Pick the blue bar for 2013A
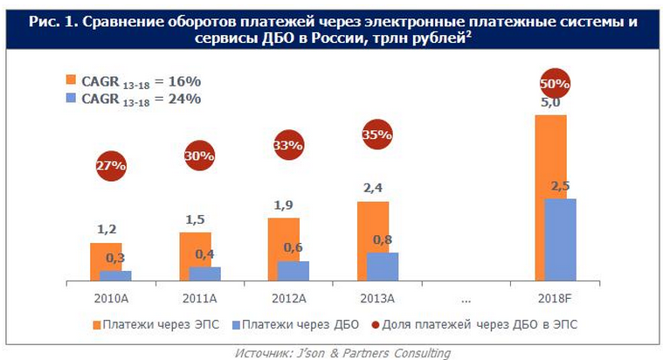pos(383,267)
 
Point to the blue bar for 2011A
pos(205,273)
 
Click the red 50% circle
pos(555,85)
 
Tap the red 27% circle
pos(111,164)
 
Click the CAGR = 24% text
pos(140,99)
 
